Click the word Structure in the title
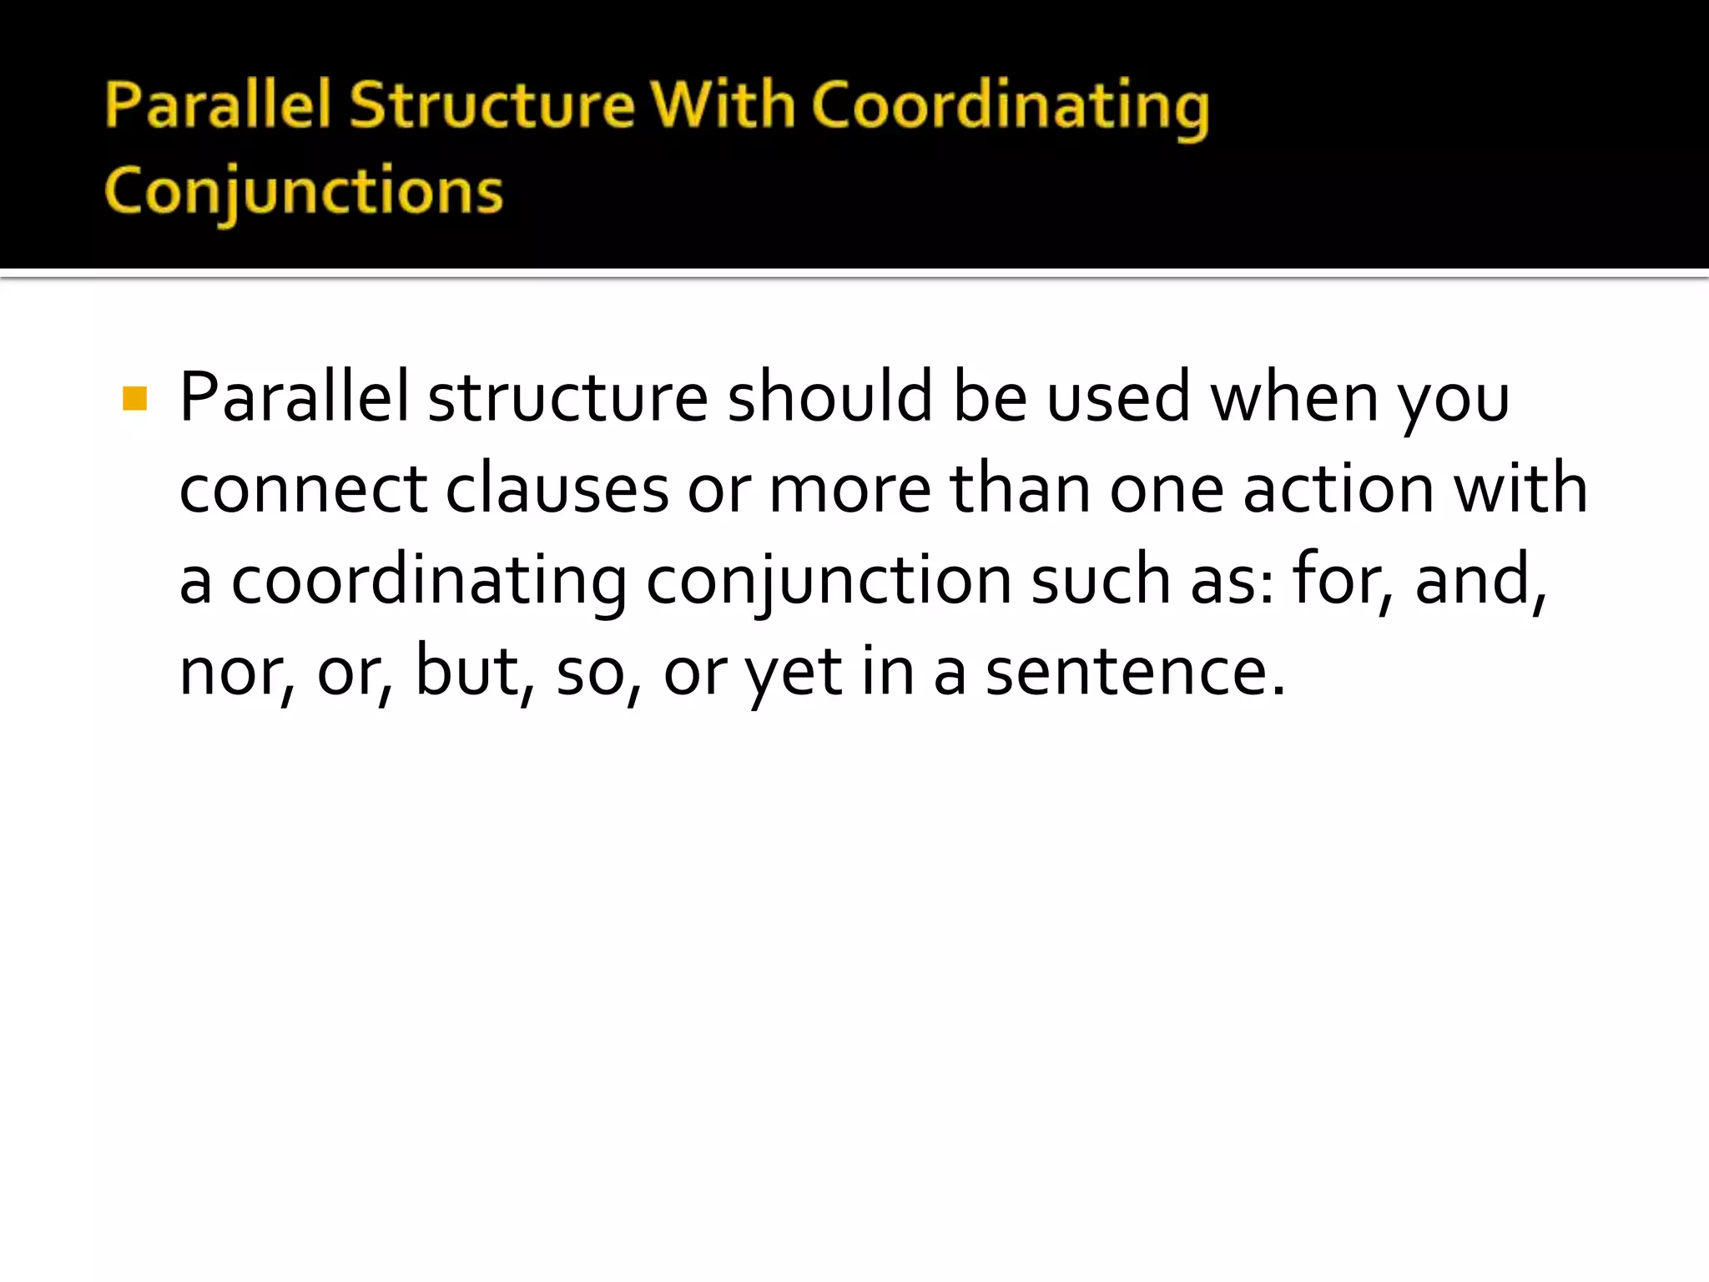(492, 106)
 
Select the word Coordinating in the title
(1010, 109)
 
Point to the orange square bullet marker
(134, 399)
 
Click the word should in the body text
(829, 397)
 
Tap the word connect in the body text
(303, 489)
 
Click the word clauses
(557, 489)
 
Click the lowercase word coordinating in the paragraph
(428, 582)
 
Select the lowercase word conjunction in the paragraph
(829, 582)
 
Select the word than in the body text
(1020, 489)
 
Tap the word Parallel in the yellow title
(218, 106)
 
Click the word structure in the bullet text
(567, 397)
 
